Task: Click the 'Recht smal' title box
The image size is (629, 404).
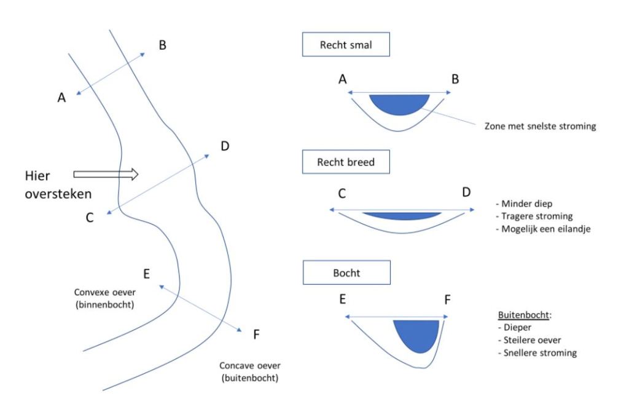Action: click(x=346, y=44)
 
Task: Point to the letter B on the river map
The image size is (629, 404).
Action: click(x=163, y=45)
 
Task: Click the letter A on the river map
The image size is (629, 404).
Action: click(x=61, y=97)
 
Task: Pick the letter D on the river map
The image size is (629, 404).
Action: click(x=225, y=146)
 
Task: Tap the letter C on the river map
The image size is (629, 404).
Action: click(x=90, y=217)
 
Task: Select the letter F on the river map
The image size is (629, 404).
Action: click(x=257, y=335)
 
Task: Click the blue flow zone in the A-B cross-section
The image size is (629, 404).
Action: click(x=399, y=103)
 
